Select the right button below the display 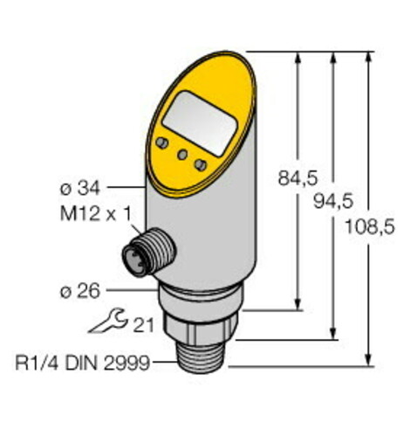coord(202,164)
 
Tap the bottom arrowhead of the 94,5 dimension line coord(333,334)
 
